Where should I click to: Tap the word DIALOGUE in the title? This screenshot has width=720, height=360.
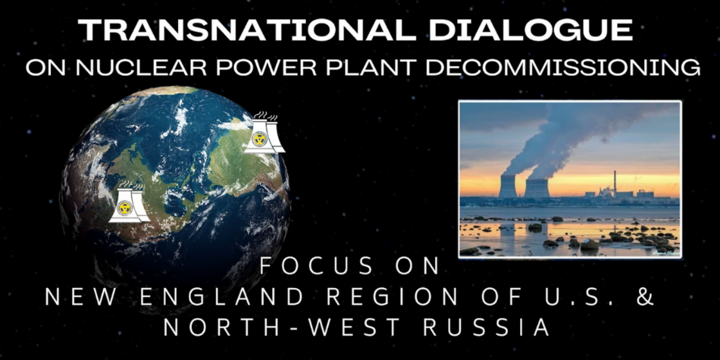(530, 30)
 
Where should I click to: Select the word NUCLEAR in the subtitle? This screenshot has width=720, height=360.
(142, 67)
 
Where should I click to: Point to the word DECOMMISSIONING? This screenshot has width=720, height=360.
(563, 67)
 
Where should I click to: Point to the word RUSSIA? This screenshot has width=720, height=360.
(487, 328)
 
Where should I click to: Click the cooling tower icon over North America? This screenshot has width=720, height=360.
(129, 203)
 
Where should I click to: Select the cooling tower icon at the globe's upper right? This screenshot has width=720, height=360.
(264, 133)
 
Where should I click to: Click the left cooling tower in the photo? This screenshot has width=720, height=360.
(507, 187)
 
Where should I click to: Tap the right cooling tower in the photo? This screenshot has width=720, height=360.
(537, 188)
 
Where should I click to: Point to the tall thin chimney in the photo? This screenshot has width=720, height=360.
(615, 182)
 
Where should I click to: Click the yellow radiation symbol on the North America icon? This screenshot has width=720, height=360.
(124, 208)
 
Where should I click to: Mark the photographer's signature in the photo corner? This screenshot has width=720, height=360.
(665, 253)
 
